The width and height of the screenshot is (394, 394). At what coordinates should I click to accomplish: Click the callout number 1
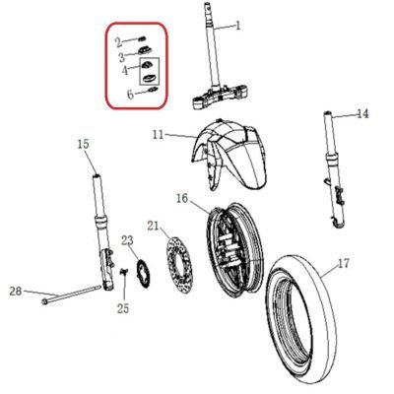pos(238,26)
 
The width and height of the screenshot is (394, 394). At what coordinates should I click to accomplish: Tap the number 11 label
pos(159,135)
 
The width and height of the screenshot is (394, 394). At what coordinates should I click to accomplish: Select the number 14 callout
pos(362,114)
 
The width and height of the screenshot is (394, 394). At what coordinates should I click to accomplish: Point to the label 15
pos(83,144)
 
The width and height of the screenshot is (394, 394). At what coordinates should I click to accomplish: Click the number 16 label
pos(182,199)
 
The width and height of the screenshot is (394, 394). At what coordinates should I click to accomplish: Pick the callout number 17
pos(344,263)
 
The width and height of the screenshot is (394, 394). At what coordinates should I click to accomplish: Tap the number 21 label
pos(153,226)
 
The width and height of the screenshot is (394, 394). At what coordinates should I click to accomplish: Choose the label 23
pos(127,240)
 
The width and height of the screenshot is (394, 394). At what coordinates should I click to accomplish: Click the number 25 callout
pos(123,308)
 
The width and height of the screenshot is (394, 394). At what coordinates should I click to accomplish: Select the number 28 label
pos(16,291)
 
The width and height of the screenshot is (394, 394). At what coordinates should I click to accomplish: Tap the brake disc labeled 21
pos(179,265)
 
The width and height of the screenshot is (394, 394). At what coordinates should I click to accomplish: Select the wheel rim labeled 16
pos(234,250)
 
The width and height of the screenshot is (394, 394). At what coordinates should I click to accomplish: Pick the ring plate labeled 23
pos(143,273)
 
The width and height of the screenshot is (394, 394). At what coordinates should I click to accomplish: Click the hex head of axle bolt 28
pos(44,300)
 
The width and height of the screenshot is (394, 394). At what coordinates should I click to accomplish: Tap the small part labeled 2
pos(143,39)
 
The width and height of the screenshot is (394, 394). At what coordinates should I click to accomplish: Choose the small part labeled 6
pos(154,90)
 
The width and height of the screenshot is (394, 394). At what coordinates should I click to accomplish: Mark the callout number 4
pos(125,70)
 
